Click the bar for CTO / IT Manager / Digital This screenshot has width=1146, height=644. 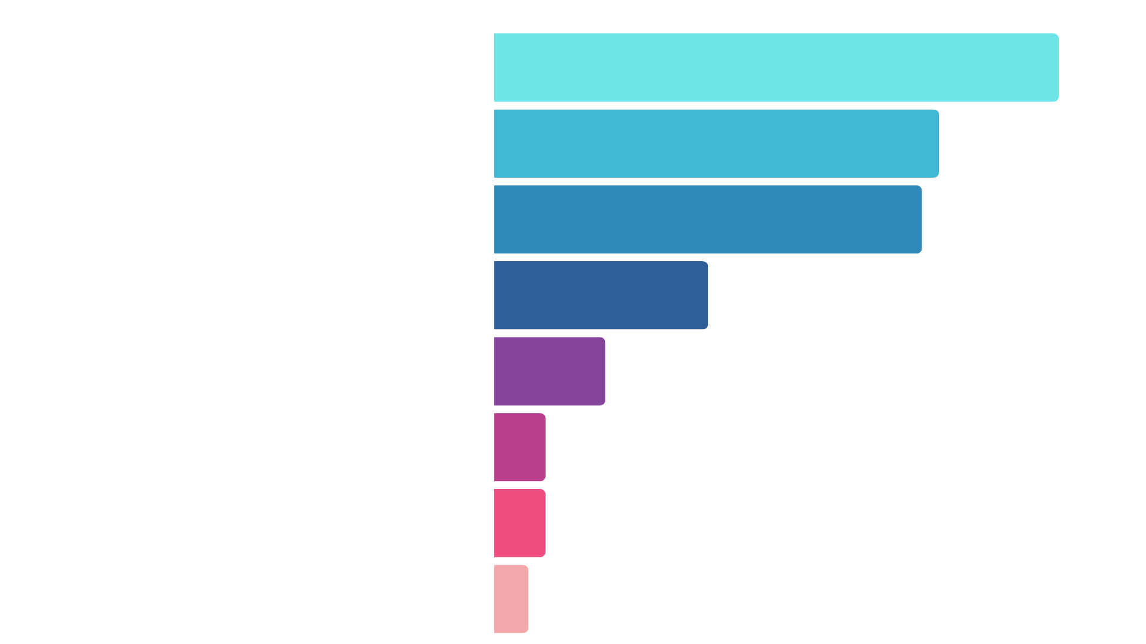pyautogui.click(x=776, y=67)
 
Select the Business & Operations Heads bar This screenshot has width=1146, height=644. pyautogui.click(x=716, y=143)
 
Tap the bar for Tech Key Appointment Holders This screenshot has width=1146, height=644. pyautogui.click(x=707, y=219)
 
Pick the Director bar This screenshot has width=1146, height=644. pyautogui.click(x=601, y=295)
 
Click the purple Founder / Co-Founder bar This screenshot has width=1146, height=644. pyautogui.click(x=550, y=371)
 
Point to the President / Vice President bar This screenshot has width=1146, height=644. pyautogui.click(x=520, y=447)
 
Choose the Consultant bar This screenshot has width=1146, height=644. pyautogui.click(x=520, y=523)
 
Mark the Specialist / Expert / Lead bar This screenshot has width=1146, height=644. pyautogui.click(x=511, y=599)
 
